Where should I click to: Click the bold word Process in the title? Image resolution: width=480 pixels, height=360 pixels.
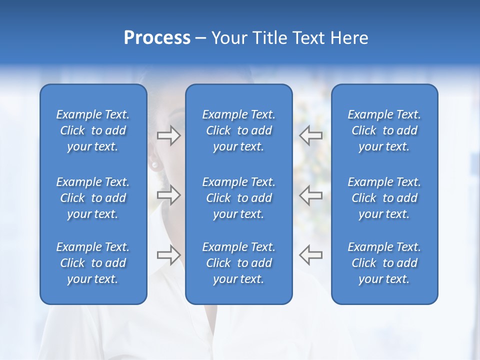coord(157,38)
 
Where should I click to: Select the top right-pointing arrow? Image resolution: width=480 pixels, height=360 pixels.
coord(168,135)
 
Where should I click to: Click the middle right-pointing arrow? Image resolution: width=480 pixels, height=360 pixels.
coord(168,194)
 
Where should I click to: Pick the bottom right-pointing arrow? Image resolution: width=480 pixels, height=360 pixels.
coord(168,254)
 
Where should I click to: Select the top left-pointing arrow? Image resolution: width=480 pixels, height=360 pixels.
coord(310,135)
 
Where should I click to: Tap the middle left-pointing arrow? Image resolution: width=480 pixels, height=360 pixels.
coord(310,194)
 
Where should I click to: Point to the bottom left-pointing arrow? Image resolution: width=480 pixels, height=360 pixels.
coord(310,254)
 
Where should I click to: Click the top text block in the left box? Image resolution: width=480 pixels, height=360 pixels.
coord(93,130)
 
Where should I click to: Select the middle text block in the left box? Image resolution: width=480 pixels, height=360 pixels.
coord(93,198)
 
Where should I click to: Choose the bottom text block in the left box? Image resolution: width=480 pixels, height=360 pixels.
coord(93,263)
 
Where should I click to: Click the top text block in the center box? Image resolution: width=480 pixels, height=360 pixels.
coord(238,130)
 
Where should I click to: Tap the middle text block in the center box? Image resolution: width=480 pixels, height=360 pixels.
coord(238,198)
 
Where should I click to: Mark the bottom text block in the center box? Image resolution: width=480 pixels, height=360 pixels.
coord(238,263)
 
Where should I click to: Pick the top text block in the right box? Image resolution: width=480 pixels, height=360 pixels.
coord(384,130)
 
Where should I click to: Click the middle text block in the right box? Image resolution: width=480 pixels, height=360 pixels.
coord(384,198)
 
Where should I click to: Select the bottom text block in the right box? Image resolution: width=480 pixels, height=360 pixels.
coord(384,263)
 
